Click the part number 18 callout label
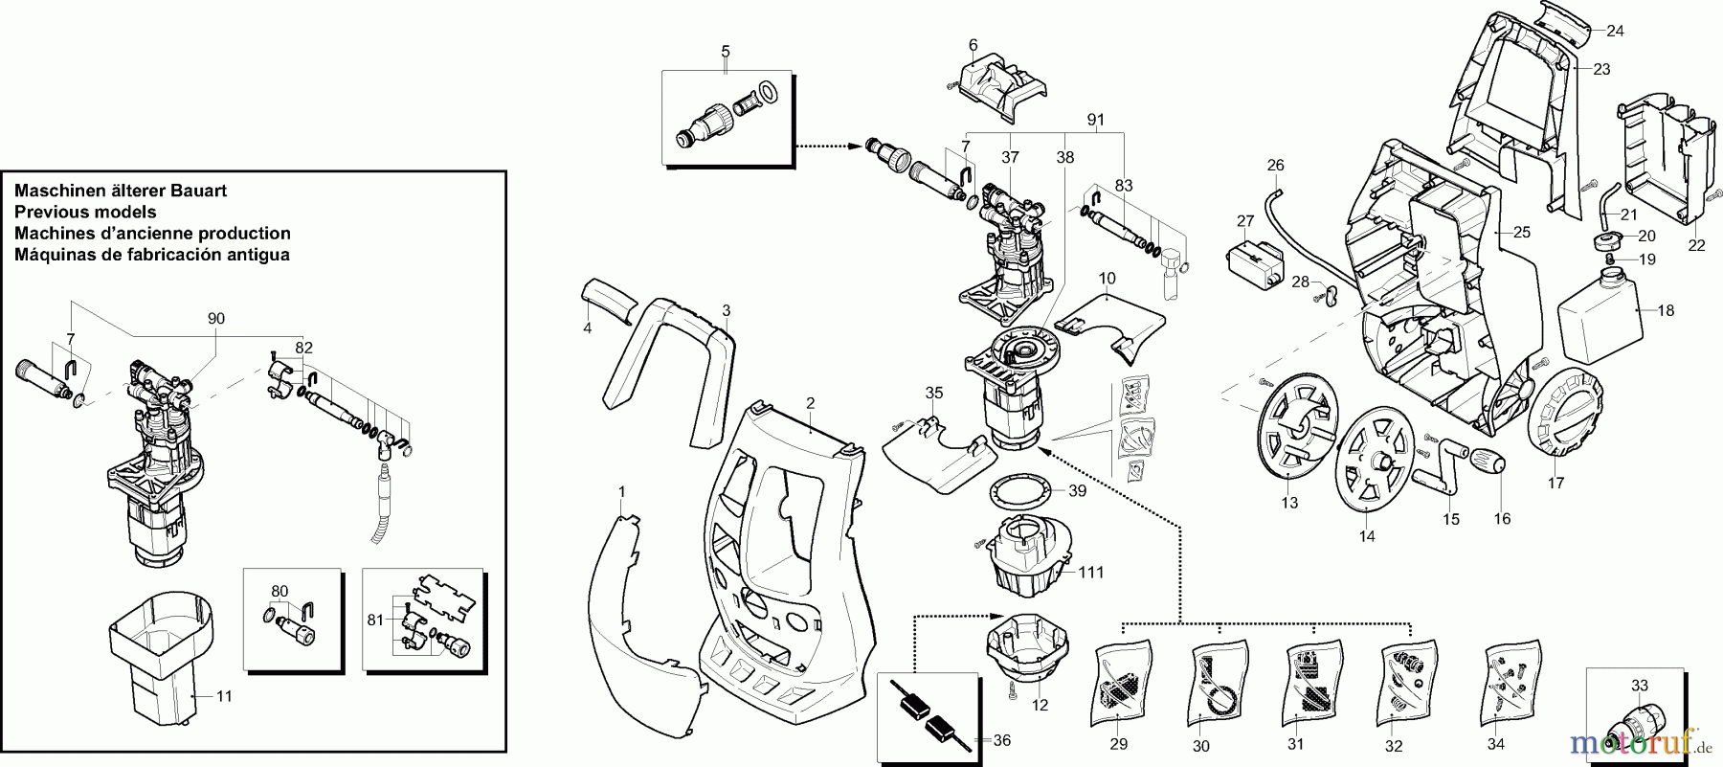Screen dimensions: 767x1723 coord(1667,311)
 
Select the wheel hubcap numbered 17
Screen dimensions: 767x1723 coord(1566,417)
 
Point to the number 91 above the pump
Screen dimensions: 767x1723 coord(1096,121)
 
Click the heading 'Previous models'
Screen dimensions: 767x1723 coord(85,212)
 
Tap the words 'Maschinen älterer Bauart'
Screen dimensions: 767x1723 coord(121,191)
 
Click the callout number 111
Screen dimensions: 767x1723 coord(1091,573)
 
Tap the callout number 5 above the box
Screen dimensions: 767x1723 coord(725,50)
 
